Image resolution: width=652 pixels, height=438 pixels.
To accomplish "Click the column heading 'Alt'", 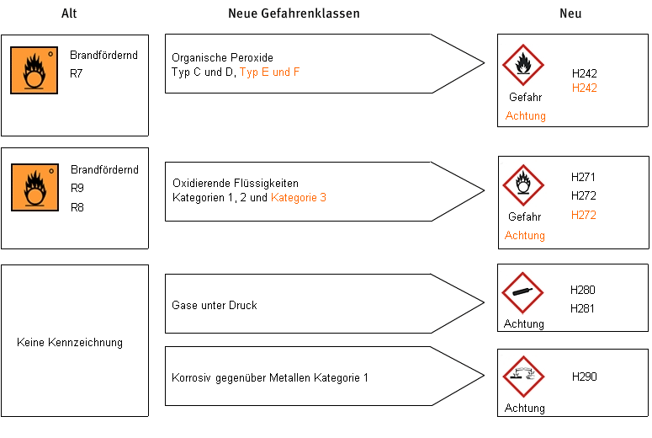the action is pyautogui.click(x=69, y=13).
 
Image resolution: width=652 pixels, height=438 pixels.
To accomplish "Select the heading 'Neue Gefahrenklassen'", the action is pyautogui.click(x=294, y=13).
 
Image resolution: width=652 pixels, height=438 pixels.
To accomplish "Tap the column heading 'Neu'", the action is pyautogui.click(x=570, y=13).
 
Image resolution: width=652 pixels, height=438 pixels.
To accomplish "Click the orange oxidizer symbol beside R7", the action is pyautogui.click(x=34, y=71).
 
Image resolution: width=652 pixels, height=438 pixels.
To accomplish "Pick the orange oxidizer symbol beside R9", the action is pyautogui.click(x=35, y=187).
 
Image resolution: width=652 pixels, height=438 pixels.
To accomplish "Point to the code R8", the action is pyautogui.click(x=77, y=207).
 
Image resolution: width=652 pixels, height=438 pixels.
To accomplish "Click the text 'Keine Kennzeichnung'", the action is pyautogui.click(x=70, y=342).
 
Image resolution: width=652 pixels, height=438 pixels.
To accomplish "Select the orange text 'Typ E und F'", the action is pyautogui.click(x=269, y=72).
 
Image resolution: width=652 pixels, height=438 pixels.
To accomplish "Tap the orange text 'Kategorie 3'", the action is pyautogui.click(x=299, y=197).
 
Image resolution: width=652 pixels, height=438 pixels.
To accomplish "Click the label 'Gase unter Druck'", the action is pyautogui.click(x=215, y=305).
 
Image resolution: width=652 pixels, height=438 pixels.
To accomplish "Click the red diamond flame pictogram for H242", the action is pyautogui.click(x=523, y=65).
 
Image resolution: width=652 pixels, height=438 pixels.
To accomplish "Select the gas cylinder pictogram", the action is pyautogui.click(x=522, y=292).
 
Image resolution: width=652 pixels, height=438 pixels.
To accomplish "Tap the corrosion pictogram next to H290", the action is pyautogui.click(x=523, y=377).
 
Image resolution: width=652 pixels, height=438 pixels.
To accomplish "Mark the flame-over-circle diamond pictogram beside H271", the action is pyautogui.click(x=523, y=185).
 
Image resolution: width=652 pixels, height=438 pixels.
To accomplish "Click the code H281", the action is pyautogui.click(x=582, y=308).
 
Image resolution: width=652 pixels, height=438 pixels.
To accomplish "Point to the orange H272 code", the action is pyautogui.click(x=583, y=215).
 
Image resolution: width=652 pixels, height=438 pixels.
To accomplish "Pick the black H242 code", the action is pyautogui.click(x=584, y=73).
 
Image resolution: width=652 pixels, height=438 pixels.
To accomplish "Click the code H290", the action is pyautogui.click(x=584, y=377).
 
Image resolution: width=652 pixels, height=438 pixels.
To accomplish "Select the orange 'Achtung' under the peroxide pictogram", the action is pyautogui.click(x=526, y=115).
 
